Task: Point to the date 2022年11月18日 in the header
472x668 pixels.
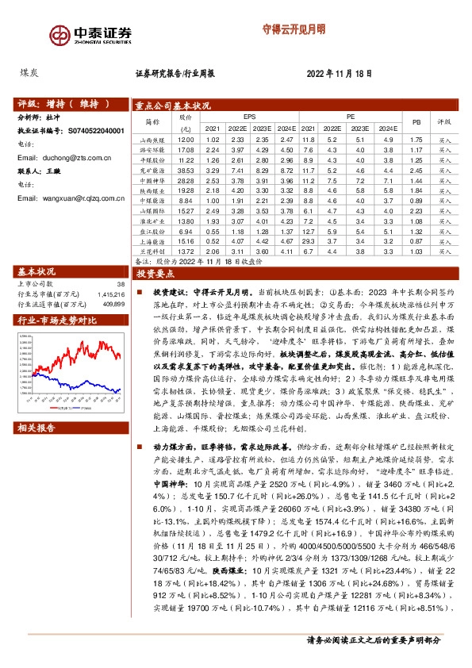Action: pos(340,74)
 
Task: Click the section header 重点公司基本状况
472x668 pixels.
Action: pos(172,105)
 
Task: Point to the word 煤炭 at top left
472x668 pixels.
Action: pos(29,72)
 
